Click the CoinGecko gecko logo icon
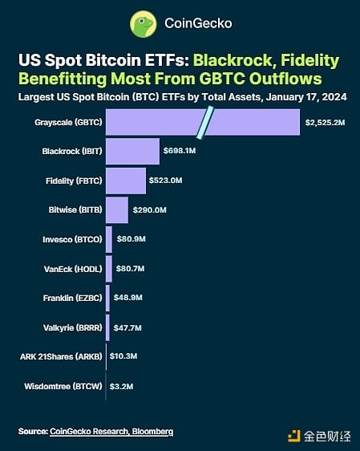pos(140,23)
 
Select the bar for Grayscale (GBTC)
pos(160,121)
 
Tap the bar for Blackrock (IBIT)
pos(131,151)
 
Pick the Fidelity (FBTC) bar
pos(126,181)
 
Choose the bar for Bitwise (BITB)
pos(117,209)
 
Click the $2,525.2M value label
pos(326,122)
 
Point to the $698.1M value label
pos(179,151)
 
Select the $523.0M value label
pos(168,181)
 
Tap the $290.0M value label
pos(150,209)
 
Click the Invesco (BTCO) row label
pos(71,239)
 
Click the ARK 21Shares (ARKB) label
pos(63,356)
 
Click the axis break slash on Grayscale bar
pos(205,121)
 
